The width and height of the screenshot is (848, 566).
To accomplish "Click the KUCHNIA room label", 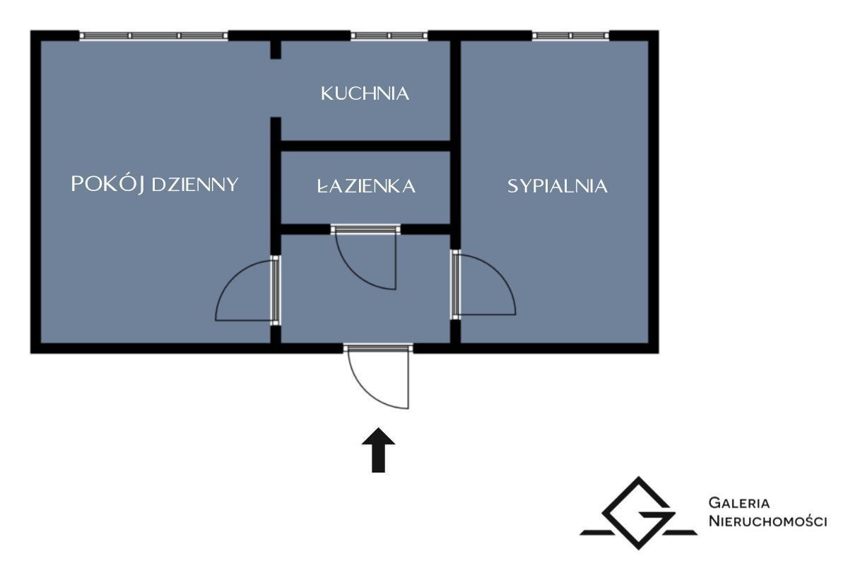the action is (365, 93).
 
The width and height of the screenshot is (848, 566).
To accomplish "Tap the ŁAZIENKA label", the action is (366, 186).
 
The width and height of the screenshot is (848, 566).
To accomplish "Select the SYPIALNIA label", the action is (558, 186).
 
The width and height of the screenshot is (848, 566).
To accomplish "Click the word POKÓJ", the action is (108, 184).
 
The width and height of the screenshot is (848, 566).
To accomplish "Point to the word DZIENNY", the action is (195, 185).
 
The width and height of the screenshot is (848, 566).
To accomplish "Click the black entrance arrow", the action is (378, 451).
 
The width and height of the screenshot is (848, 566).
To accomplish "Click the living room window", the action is (154, 36).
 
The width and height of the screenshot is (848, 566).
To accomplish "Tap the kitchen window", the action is (389, 36).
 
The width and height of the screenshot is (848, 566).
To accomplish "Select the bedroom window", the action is (571, 36).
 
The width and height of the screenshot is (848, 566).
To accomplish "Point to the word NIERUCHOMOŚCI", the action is (767, 521).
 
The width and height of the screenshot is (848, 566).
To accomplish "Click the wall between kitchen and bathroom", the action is (365, 146).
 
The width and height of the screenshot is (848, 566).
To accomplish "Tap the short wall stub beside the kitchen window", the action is (276, 50).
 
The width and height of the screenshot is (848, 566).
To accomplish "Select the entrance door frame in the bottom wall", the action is (378, 347).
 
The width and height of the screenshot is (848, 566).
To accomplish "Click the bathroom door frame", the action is (365, 229).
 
